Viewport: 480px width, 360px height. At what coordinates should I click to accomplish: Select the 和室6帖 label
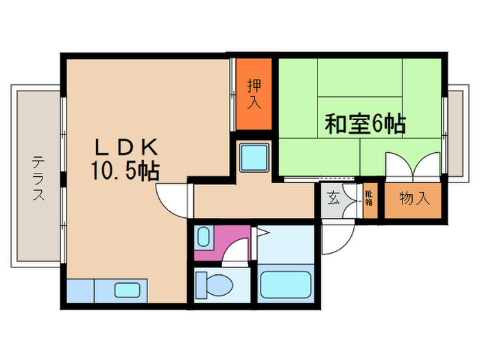pyautogui.click(x=364, y=124)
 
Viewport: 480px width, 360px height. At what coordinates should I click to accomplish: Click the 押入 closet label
pyautogui.click(x=254, y=95)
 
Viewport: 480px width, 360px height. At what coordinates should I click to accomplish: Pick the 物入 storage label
pyautogui.click(x=414, y=199)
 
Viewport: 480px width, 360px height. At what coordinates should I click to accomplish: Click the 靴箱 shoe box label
pyautogui.click(x=369, y=199)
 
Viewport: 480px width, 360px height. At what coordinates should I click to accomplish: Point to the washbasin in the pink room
pyautogui.click(x=203, y=237)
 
